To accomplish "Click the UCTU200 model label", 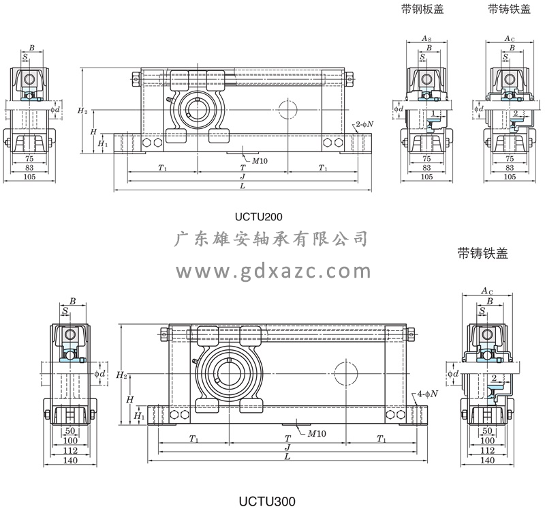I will click(x=258, y=218).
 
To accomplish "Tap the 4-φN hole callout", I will click(x=427, y=394).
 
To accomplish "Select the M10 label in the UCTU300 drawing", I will click(x=316, y=433).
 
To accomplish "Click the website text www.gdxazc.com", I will click(x=272, y=272).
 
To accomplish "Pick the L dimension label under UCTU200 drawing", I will click(x=243, y=186).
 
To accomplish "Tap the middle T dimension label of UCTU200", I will click(x=243, y=167).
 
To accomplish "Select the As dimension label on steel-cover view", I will click(x=426, y=39).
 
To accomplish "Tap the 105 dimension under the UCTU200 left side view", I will click(x=29, y=177).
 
